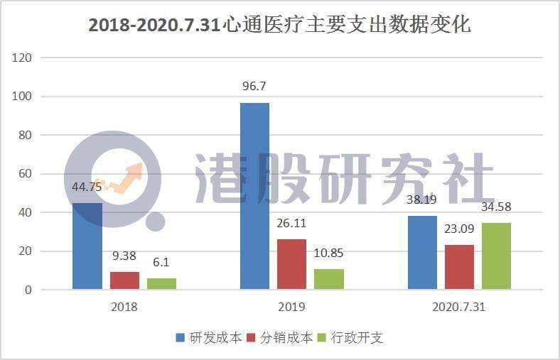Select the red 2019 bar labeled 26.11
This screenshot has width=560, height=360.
291,264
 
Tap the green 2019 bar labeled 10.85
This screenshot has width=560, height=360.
328,279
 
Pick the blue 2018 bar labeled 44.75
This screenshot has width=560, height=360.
87,246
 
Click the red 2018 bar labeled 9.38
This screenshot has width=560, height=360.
124,280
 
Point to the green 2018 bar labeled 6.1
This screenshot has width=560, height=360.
161,283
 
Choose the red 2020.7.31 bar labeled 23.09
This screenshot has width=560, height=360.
459,267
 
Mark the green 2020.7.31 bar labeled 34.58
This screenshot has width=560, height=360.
496,256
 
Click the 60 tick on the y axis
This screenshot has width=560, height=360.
26,174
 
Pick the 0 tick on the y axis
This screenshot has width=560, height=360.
28,290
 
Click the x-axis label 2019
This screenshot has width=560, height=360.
291,307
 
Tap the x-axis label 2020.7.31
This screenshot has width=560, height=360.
459,307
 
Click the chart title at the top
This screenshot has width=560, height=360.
279,25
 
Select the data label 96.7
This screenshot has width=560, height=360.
254,87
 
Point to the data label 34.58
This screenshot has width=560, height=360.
496,207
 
